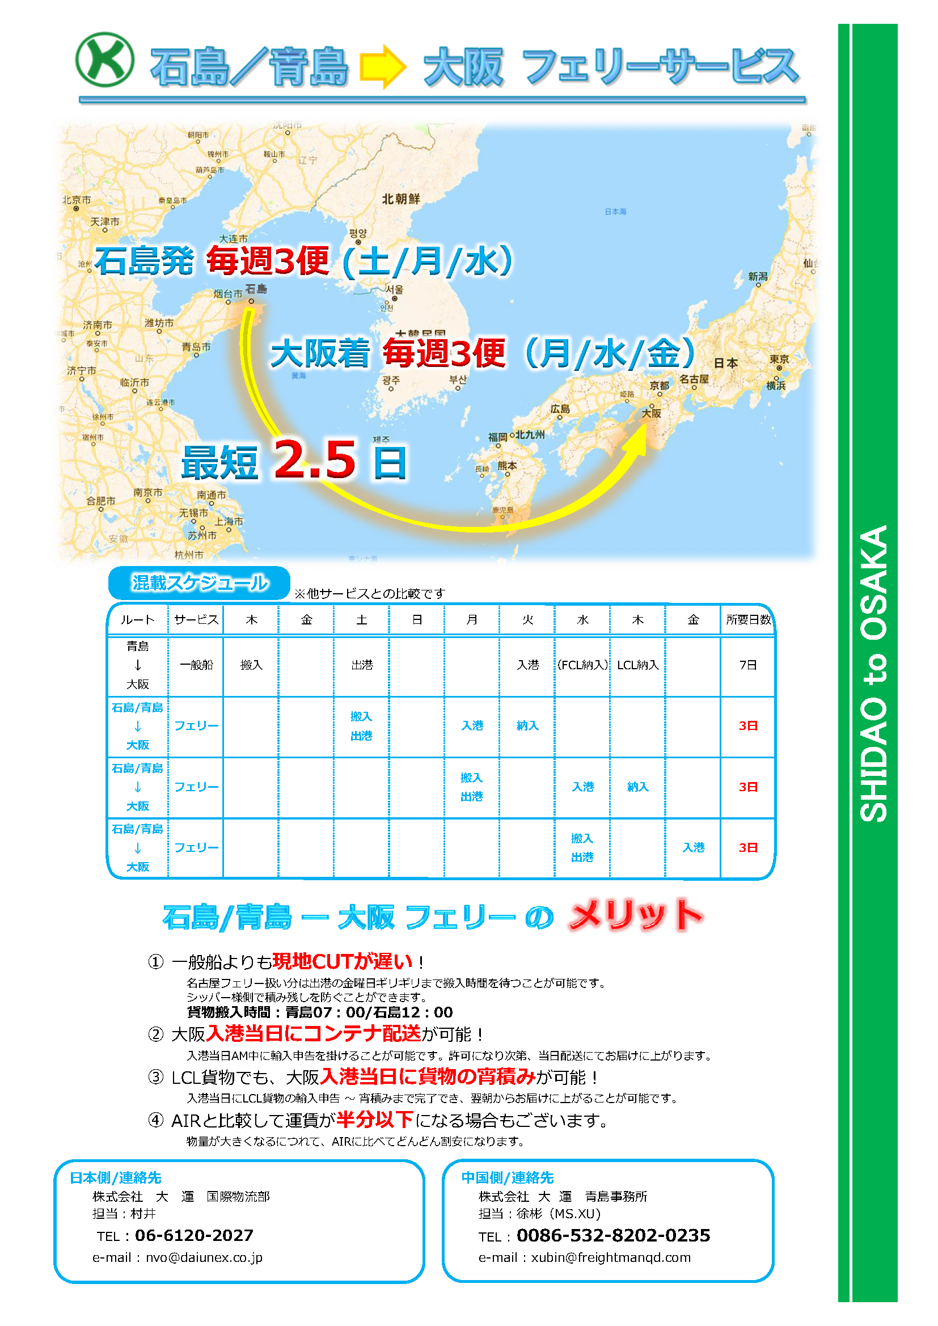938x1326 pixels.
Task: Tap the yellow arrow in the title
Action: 382,66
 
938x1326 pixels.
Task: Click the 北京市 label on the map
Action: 76,200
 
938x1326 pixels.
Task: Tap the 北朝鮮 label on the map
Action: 401,199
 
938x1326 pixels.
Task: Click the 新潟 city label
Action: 757,277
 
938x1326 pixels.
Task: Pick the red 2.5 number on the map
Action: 315,461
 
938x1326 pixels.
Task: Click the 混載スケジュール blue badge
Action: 199,582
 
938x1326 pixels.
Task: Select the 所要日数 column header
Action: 748,620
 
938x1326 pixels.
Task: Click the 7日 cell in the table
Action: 748,665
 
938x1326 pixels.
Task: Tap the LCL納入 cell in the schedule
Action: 637,665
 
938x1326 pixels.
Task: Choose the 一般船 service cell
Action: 196,665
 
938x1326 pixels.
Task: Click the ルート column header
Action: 137,620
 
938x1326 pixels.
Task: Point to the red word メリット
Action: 635,915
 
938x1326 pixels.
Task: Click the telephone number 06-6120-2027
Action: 194,1235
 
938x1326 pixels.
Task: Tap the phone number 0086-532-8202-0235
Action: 613,1235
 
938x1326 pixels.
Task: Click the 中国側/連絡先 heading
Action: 507,1177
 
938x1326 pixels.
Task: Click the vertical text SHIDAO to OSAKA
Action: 873,673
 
